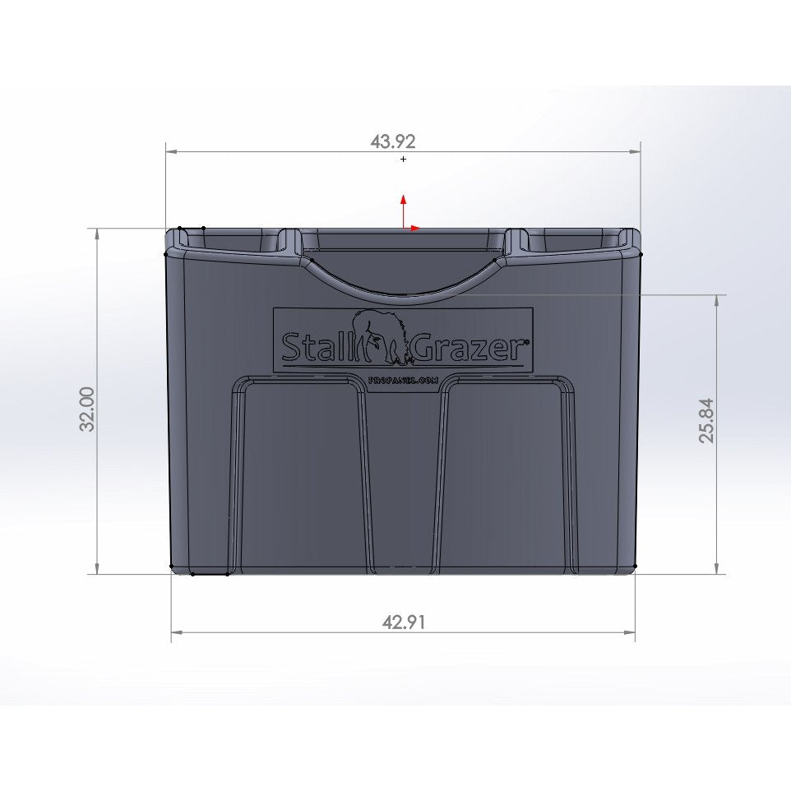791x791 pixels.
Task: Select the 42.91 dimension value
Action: click(x=404, y=622)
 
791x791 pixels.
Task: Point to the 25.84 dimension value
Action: click(x=707, y=421)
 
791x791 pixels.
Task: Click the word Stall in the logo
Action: click(x=313, y=348)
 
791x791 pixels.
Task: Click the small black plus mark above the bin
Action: click(x=403, y=159)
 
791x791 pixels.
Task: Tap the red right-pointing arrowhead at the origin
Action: click(x=416, y=228)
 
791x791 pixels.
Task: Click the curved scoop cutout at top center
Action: click(x=403, y=280)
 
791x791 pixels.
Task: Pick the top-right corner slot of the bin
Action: click(x=573, y=240)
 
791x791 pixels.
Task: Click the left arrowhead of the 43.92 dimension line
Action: click(x=170, y=151)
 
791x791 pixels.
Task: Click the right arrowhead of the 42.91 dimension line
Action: click(x=631, y=632)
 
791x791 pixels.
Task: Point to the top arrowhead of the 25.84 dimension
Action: click(x=718, y=300)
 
